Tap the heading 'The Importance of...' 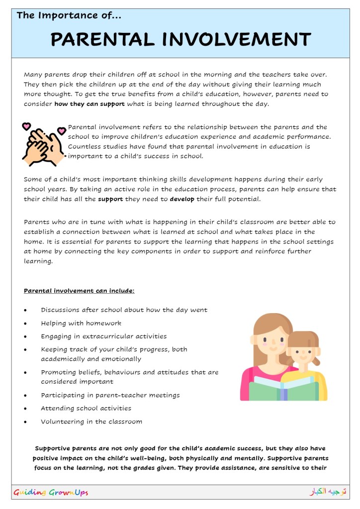(69, 15)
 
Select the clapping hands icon (44, 144)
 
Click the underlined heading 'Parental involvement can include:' (79, 290)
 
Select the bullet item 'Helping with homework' (81, 323)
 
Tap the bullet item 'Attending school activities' (86, 408)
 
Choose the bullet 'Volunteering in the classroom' (91, 422)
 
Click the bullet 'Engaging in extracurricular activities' (104, 336)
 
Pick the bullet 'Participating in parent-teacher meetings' (110, 395)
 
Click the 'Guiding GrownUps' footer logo (51, 493)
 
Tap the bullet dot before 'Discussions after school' (25, 310)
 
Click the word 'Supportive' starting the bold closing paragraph (56, 448)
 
